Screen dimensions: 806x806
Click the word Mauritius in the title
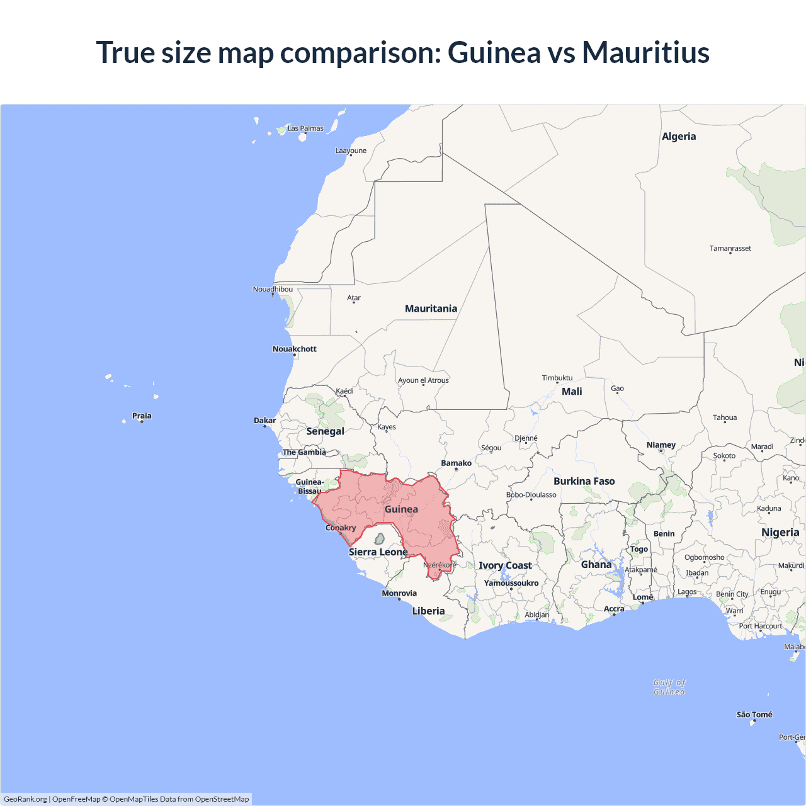tap(645, 52)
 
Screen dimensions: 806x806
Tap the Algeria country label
tap(679, 137)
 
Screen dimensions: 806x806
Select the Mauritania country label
tap(431, 309)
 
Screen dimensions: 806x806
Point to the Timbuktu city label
tap(557, 378)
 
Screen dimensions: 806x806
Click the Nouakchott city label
tap(294, 349)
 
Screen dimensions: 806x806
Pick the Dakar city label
tap(265, 421)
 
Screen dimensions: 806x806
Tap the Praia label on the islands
tap(142, 416)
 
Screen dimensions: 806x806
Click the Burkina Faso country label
tap(584, 481)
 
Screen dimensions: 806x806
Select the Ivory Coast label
tap(505, 565)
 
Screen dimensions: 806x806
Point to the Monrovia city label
tap(399, 593)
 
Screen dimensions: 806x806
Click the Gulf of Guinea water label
tap(669, 687)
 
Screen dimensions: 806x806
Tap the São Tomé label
tap(754, 715)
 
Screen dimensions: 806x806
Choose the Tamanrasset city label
tap(730, 248)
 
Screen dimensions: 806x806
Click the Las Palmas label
tap(305, 128)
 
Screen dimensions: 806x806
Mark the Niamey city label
tap(661, 445)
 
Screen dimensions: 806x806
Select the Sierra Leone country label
tap(378, 552)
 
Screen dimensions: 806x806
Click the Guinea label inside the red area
tap(401, 509)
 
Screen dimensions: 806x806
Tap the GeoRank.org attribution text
tap(25, 799)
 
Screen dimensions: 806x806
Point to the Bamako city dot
tap(457, 469)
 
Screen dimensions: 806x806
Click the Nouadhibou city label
tap(273, 289)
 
